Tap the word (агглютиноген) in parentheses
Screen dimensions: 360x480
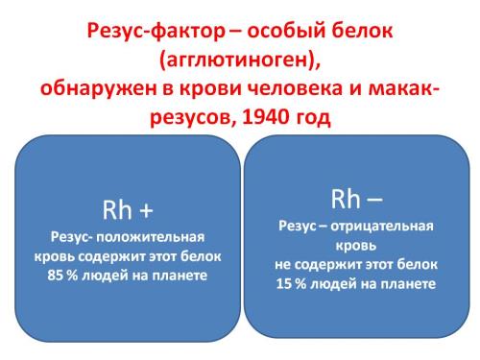pyautogui.click(x=237, y=60)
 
